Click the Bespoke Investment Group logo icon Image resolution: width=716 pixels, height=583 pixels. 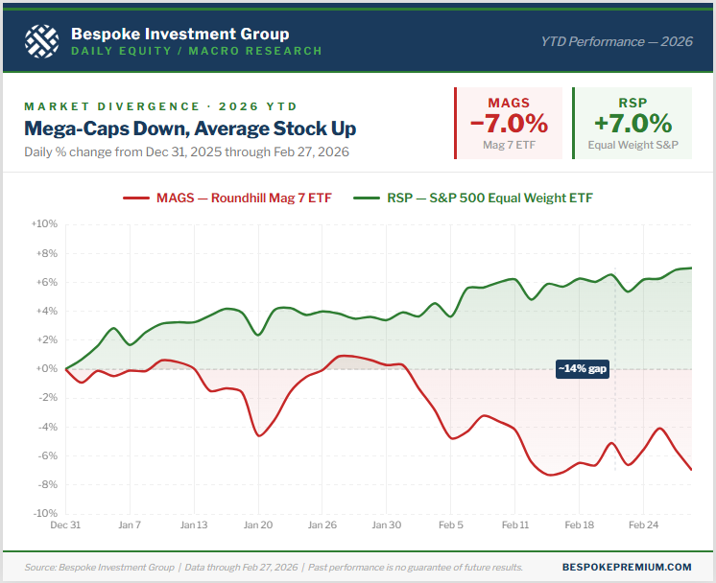coord(40,39)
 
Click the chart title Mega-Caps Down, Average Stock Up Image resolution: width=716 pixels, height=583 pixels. coord(190,128)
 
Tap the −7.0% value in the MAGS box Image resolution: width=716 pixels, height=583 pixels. coord(508,124)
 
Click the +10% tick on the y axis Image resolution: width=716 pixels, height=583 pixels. coord(45,223)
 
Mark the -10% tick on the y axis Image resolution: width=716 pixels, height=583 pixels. coord(45,514)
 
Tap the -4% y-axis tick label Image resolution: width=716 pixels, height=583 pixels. coord(47,427)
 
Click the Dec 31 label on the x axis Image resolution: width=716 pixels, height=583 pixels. coord(66,525)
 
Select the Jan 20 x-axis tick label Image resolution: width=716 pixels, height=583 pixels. coord(258,525)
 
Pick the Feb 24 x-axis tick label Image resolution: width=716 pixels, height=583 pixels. coord(643,525)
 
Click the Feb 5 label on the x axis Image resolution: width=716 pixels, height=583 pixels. coord(451,525)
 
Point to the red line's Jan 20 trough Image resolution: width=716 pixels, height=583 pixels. coord(259,436)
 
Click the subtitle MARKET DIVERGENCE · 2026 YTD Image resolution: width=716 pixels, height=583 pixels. coord(160,106)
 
